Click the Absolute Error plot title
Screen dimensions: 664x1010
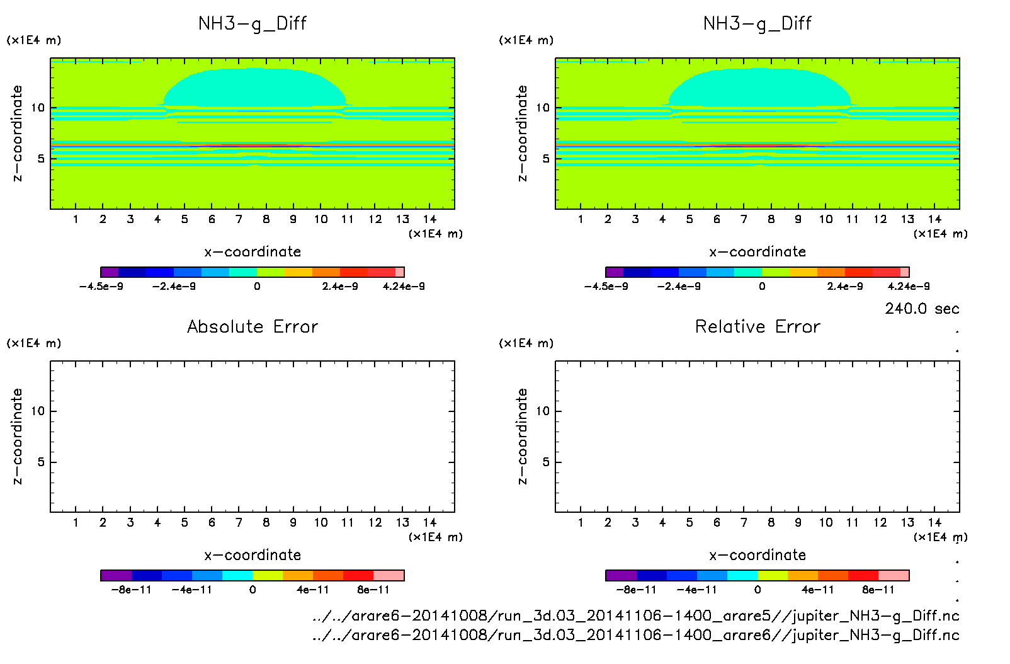252,326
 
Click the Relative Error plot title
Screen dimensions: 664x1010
757,326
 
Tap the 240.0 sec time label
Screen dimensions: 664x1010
922,309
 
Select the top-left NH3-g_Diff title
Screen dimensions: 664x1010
252,24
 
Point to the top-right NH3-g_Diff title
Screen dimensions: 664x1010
757,24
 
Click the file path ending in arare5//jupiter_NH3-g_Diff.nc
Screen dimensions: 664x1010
635,615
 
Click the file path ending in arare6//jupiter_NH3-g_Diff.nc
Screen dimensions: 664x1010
635,635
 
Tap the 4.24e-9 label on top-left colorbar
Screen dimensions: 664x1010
404,287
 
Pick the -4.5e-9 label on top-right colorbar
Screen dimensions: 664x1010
606,287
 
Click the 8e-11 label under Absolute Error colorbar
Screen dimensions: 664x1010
373,590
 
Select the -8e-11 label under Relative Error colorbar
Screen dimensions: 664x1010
636,590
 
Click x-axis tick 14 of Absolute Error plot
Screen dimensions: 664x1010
429,522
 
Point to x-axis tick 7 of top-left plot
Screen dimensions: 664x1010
239,219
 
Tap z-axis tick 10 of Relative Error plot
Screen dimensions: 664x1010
543,411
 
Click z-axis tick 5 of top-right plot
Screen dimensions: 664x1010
546,159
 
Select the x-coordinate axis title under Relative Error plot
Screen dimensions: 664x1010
757,555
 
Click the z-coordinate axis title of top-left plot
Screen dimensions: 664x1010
17,134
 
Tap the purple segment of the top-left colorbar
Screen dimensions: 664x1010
110,272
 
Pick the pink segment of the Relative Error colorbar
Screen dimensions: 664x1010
894,575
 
